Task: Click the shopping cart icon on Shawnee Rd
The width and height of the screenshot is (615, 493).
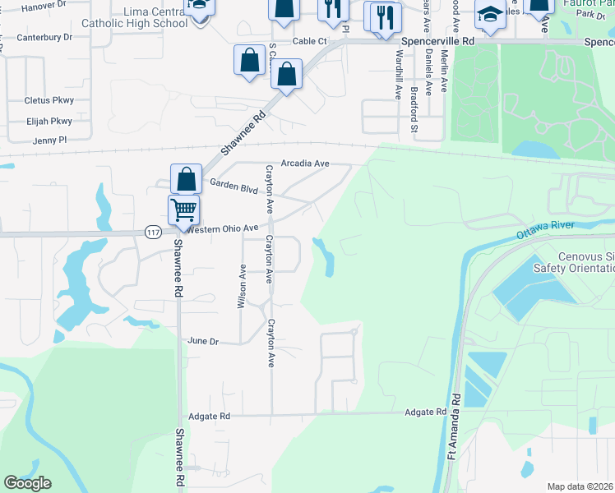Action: click(x=183, y=210)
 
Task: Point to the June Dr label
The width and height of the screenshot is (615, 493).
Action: click(x=203, y=341)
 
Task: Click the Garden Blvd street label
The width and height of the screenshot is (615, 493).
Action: click(x=234, y=187)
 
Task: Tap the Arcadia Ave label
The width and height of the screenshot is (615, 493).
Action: click(x=304, y=164)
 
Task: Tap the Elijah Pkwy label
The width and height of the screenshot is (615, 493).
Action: click(x=49, y=121)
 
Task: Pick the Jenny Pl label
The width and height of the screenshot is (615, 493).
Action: click(x=49, y=141)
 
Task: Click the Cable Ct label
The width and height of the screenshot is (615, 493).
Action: click(x=311, y=40)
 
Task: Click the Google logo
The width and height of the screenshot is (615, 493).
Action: click(x=27, y=483)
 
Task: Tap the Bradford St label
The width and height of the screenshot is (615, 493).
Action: click(x=414, y=110)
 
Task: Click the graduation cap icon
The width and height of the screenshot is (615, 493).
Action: click(x=491, y=16)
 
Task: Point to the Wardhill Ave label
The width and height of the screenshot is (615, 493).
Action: click(x=399, y=74)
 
